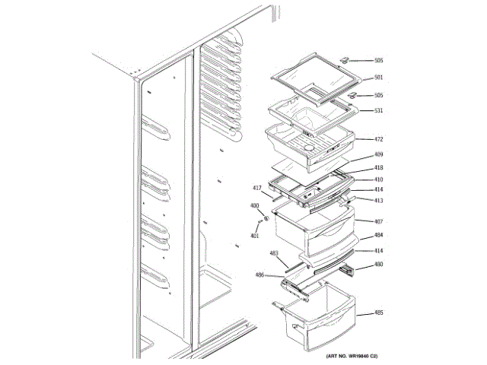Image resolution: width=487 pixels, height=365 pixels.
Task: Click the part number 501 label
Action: pyautogui.click(x=378, y=78)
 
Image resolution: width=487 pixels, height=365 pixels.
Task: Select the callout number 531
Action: pyautogui.click(x=378, y=110)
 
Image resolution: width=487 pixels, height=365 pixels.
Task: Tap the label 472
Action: pyautogui.click(x=378, y=140)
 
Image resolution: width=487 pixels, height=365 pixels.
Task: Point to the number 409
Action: pyautogui.click(x=378, y=155)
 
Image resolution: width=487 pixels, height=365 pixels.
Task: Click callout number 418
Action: pyautogui.click(x=378, y=167)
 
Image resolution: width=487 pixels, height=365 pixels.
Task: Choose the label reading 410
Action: pyautogui.click(x=378, y=179)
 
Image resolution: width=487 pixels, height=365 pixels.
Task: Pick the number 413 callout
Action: pyautogui.click(x=378, y=201)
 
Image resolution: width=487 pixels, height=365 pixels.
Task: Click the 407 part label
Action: pyautogui.click(x=378, y=221)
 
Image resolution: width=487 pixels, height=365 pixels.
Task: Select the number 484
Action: pyautogui.click(x=378, y=235)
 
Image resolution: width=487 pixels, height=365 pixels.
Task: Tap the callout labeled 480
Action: pyautogui.click(x=378, y=265)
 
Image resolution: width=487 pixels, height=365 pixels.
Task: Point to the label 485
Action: pyautogui.click(x=378, y=313)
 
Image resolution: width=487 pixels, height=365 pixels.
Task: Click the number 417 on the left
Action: pyautogui.click(x=257, y=187)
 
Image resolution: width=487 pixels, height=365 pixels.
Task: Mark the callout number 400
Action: pyautogui.click(x=254, y=205)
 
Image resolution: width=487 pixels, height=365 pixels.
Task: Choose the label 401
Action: pyautogui.click(x=254, y=235)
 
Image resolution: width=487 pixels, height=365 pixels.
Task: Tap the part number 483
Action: pyautogui.click(x=274, y=253)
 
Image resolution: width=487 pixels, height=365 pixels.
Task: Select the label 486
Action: pyautogui.click(x=259, y=275)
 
